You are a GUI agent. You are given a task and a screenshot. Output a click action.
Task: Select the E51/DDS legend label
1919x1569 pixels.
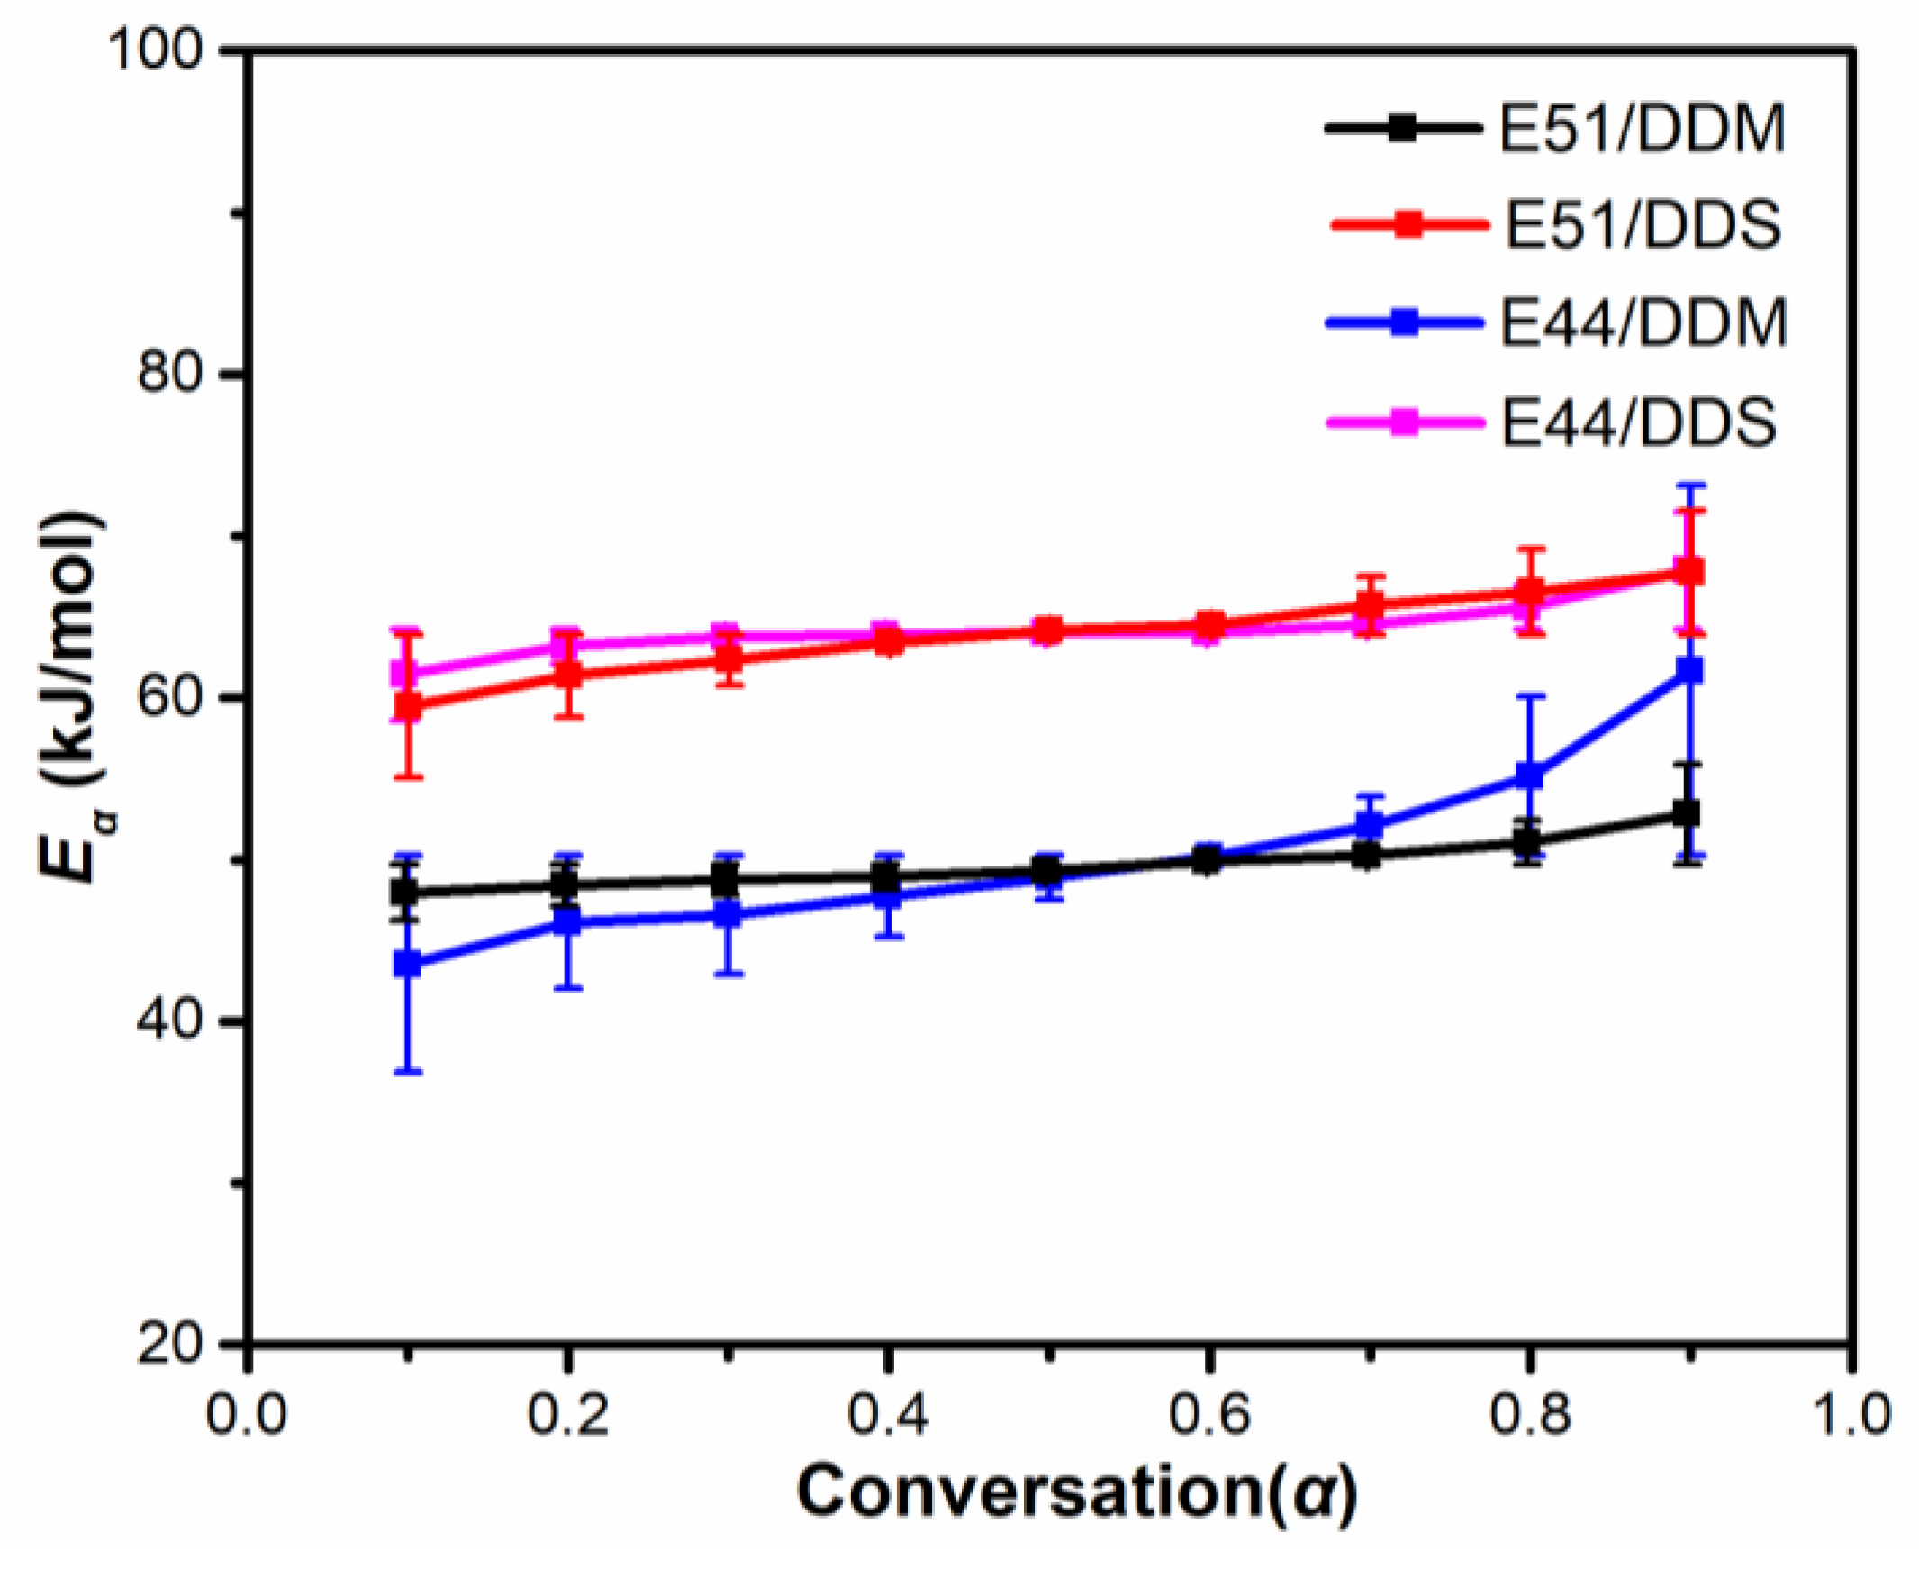[1642, 225]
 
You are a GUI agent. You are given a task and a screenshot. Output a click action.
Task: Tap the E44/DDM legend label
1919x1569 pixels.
[1643, 322]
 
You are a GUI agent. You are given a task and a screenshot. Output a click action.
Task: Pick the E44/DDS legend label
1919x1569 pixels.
[1639, 422]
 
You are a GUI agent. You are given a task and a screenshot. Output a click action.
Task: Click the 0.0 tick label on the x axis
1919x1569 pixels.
[247, 1413]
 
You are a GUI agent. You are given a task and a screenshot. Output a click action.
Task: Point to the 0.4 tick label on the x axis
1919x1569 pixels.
[888, 1413]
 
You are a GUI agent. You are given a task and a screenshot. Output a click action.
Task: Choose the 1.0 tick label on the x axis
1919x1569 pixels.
[1850, 1413]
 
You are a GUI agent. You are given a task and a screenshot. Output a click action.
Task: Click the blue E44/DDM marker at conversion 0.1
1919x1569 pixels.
[408, 964]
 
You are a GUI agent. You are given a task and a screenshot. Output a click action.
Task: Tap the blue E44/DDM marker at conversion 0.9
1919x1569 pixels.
[1689, 670]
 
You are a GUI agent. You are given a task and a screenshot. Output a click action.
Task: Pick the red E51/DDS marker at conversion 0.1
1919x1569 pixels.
[408, 705]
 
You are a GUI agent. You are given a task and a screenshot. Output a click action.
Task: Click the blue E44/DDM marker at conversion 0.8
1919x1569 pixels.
[1529, 775]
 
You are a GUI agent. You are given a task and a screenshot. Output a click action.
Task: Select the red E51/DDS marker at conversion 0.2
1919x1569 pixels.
[567, 675]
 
